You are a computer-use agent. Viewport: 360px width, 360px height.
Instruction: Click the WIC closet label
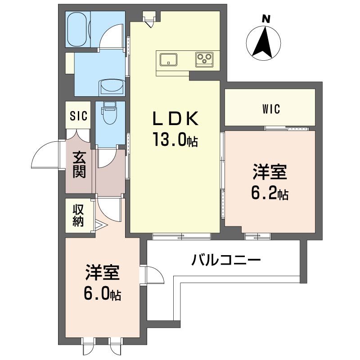pos(271,109)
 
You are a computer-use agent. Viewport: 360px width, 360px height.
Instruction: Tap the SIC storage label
pos(78,116)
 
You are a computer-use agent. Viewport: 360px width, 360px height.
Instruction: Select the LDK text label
pos(175,118)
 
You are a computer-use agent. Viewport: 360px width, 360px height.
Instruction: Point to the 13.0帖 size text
pos(175,140)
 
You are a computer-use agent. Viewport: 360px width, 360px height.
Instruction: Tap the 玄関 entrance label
pos(80,165)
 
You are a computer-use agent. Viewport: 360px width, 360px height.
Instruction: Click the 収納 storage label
pos(78,215)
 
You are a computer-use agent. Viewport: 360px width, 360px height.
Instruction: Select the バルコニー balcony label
pos(226,260)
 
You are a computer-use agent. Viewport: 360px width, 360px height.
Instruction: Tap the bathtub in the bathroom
pos(78,29)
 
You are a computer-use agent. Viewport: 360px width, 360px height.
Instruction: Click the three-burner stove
pos(204,59)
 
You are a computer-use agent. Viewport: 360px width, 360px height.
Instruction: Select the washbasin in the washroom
pos(112,87)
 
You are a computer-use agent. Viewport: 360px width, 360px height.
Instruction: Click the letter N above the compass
pos(266,19)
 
